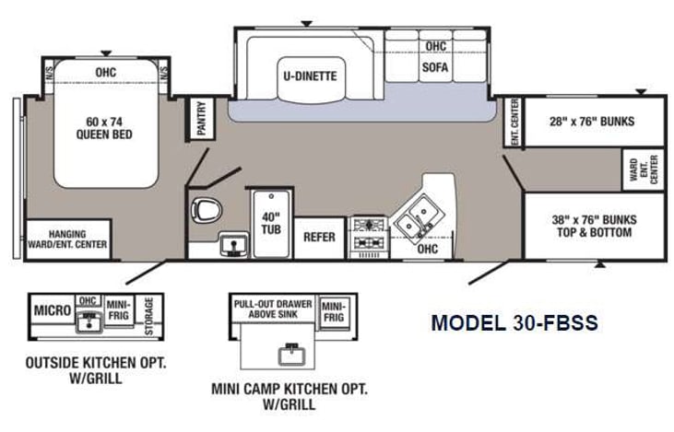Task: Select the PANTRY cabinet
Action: point(201,118)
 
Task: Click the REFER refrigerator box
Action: point(319,237)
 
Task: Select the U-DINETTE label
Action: point(309,76)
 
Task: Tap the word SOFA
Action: point(435,67)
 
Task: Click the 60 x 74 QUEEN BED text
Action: point(104,127)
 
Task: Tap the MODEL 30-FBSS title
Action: point(514,322)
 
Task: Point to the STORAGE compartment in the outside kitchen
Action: point(149,312)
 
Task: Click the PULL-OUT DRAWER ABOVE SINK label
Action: point(272,308)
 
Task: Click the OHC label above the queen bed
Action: point(104,71)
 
